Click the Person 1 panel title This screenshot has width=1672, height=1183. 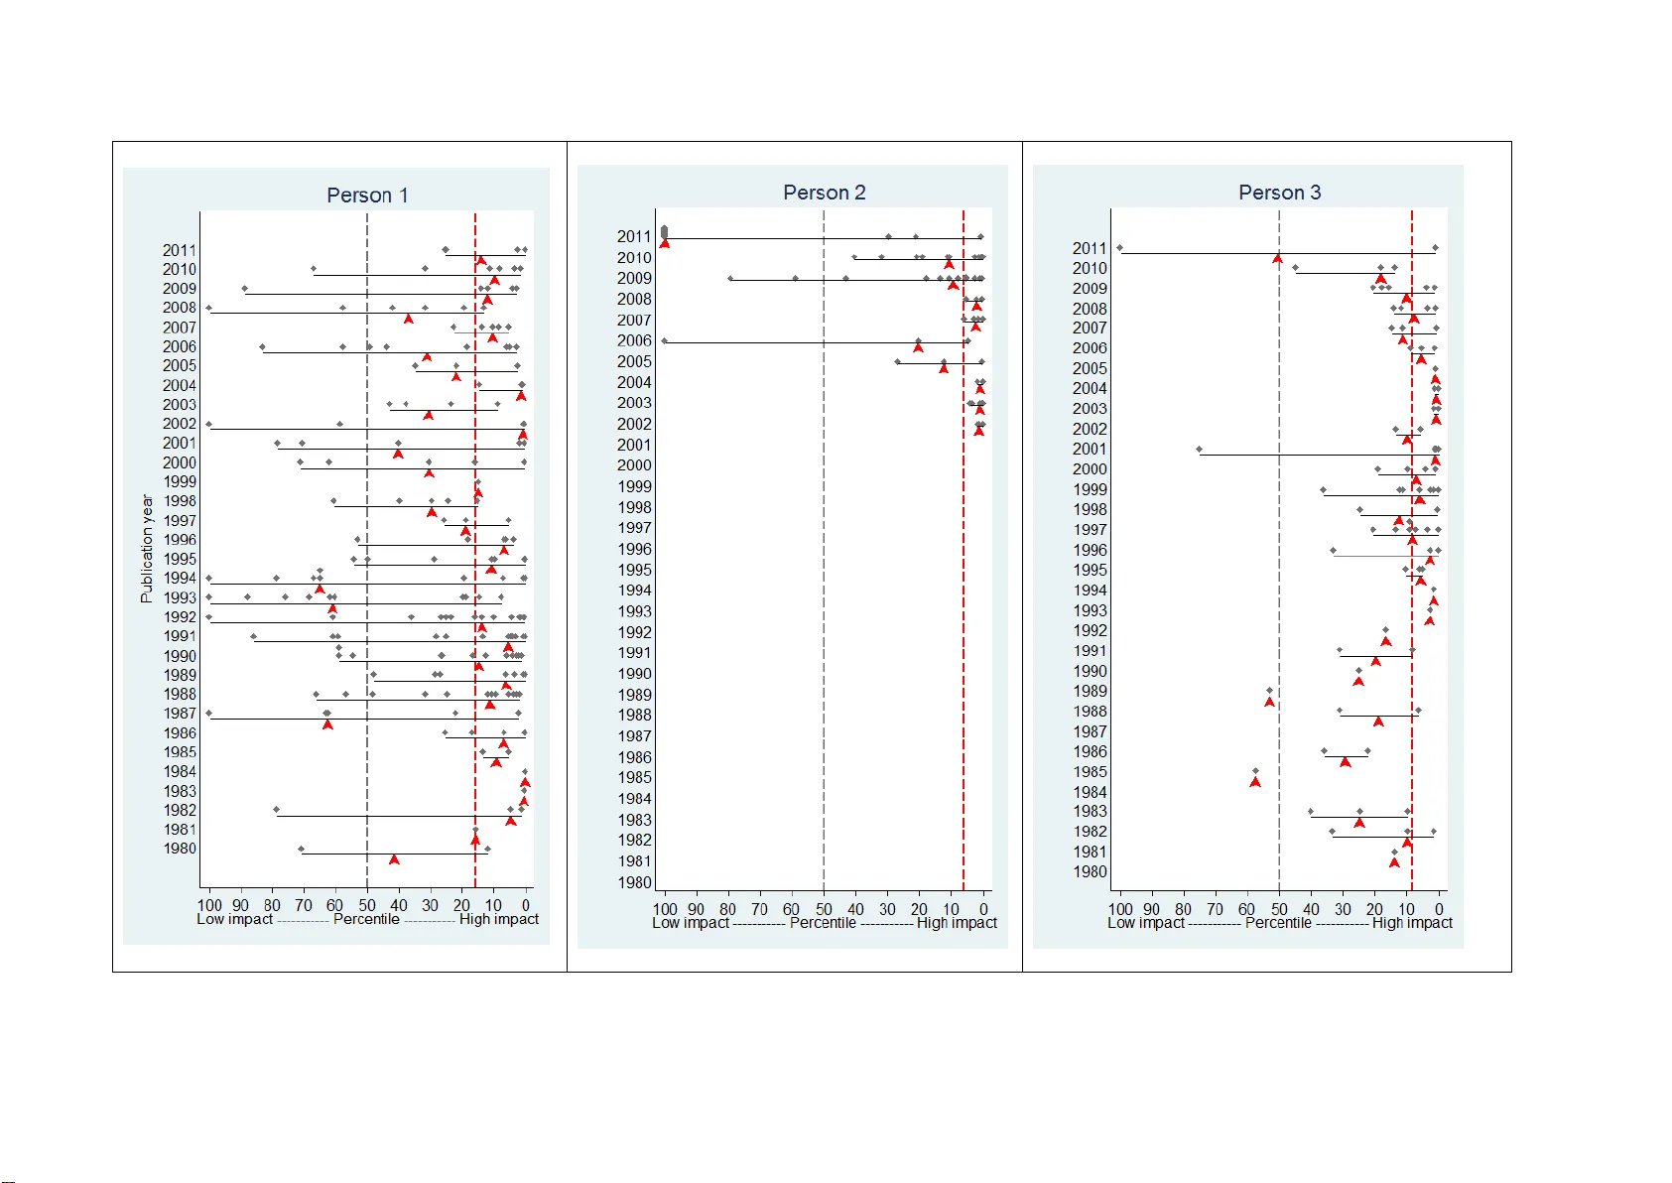pos(367,196)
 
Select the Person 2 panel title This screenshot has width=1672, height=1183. pos(824,193)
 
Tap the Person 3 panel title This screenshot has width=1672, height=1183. pos(1279,193)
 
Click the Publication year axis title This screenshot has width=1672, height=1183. pos(147,549)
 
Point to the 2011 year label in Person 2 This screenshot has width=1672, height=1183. pos(634,236)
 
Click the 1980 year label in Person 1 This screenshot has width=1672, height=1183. pos(180,849)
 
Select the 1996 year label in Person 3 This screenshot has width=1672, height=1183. pos(1090,550)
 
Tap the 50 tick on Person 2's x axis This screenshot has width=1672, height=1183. pos(824,909)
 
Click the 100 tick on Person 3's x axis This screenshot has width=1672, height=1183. pos(1119,909)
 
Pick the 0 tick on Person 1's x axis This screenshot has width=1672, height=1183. pos(525,905)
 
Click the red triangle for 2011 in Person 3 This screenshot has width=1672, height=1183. pos(1278,259)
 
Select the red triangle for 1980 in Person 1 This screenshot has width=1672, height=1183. pos(394,859)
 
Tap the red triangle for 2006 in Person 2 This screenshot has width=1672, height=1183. pos(918,347)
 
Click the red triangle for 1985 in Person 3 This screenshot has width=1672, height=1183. pos(1255,782)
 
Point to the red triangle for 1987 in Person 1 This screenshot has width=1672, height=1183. pos(327,724)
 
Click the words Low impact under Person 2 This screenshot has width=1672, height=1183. pos(690,923)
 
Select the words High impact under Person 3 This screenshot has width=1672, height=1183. pos(1412,923)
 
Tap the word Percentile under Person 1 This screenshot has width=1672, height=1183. pos(366,919)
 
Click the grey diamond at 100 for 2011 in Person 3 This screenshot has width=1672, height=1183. pos(1119,248)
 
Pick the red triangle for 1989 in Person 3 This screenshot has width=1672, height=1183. pos(1269,702)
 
